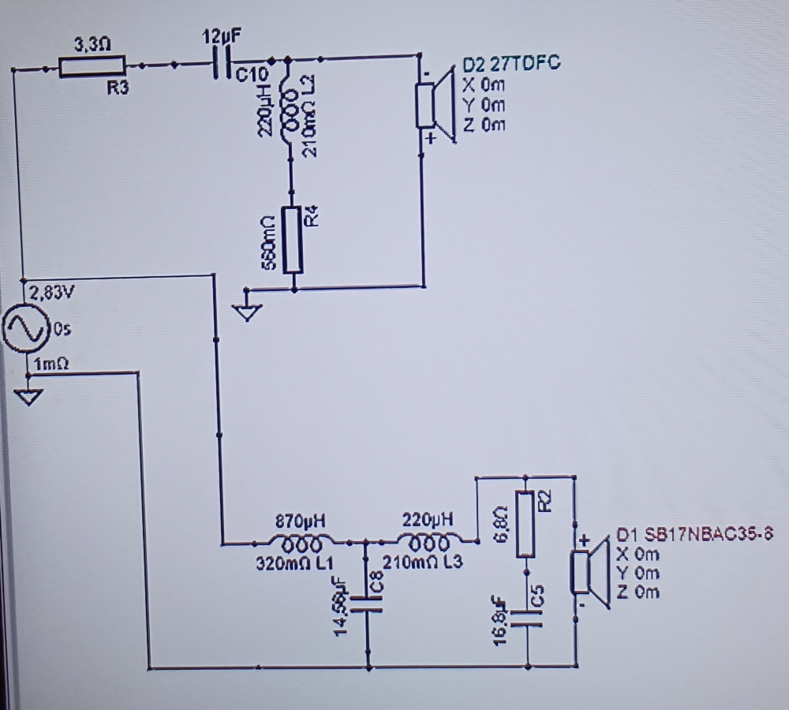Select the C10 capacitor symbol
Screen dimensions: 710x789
pyautogui.click(x=220, y=64)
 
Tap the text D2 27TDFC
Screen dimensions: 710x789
pyautogui.click(x=511, y=65)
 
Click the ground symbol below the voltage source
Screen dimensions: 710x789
pyautogui.click(x=28, y=397)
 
